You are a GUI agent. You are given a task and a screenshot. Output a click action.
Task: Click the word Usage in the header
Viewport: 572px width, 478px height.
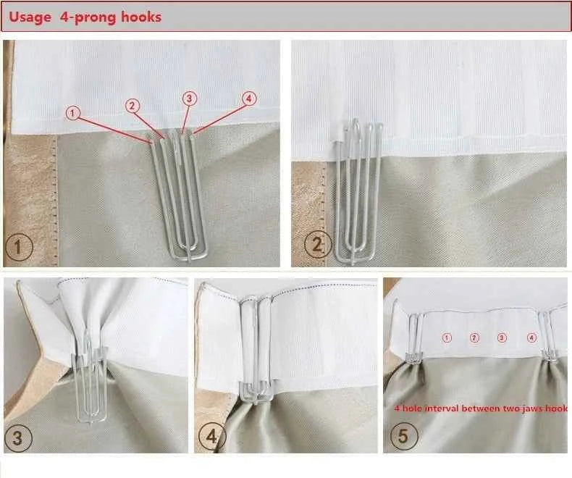click(30, 17)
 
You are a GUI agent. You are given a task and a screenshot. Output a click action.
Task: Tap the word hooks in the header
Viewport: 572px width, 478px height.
click(141, 17)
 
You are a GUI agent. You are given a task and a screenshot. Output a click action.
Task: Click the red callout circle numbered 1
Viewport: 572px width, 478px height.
click(72, 113)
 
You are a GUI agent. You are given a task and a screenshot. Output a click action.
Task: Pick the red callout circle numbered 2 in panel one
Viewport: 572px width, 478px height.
click(132, 106)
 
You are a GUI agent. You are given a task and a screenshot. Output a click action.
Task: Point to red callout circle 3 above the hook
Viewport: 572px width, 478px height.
click(189, 98)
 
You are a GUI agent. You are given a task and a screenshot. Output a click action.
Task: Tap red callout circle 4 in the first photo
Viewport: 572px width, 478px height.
click(249, 98)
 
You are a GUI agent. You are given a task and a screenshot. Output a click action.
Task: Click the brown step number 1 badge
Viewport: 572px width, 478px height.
click(19, 247)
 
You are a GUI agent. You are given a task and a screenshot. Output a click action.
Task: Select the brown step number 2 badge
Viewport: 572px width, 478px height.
click(318, 245)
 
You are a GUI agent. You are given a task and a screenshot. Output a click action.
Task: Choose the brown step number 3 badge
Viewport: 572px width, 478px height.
click(18, 437)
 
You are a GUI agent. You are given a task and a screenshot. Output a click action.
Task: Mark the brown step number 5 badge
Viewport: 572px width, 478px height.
click(404, 435)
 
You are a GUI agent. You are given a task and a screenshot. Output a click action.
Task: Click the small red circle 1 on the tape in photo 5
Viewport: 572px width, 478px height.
click(447, 338)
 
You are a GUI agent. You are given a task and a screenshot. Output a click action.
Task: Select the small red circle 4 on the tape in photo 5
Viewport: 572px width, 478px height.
click(531, 338)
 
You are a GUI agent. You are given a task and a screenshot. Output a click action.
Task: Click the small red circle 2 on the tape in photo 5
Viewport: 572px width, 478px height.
click(474, 338)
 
